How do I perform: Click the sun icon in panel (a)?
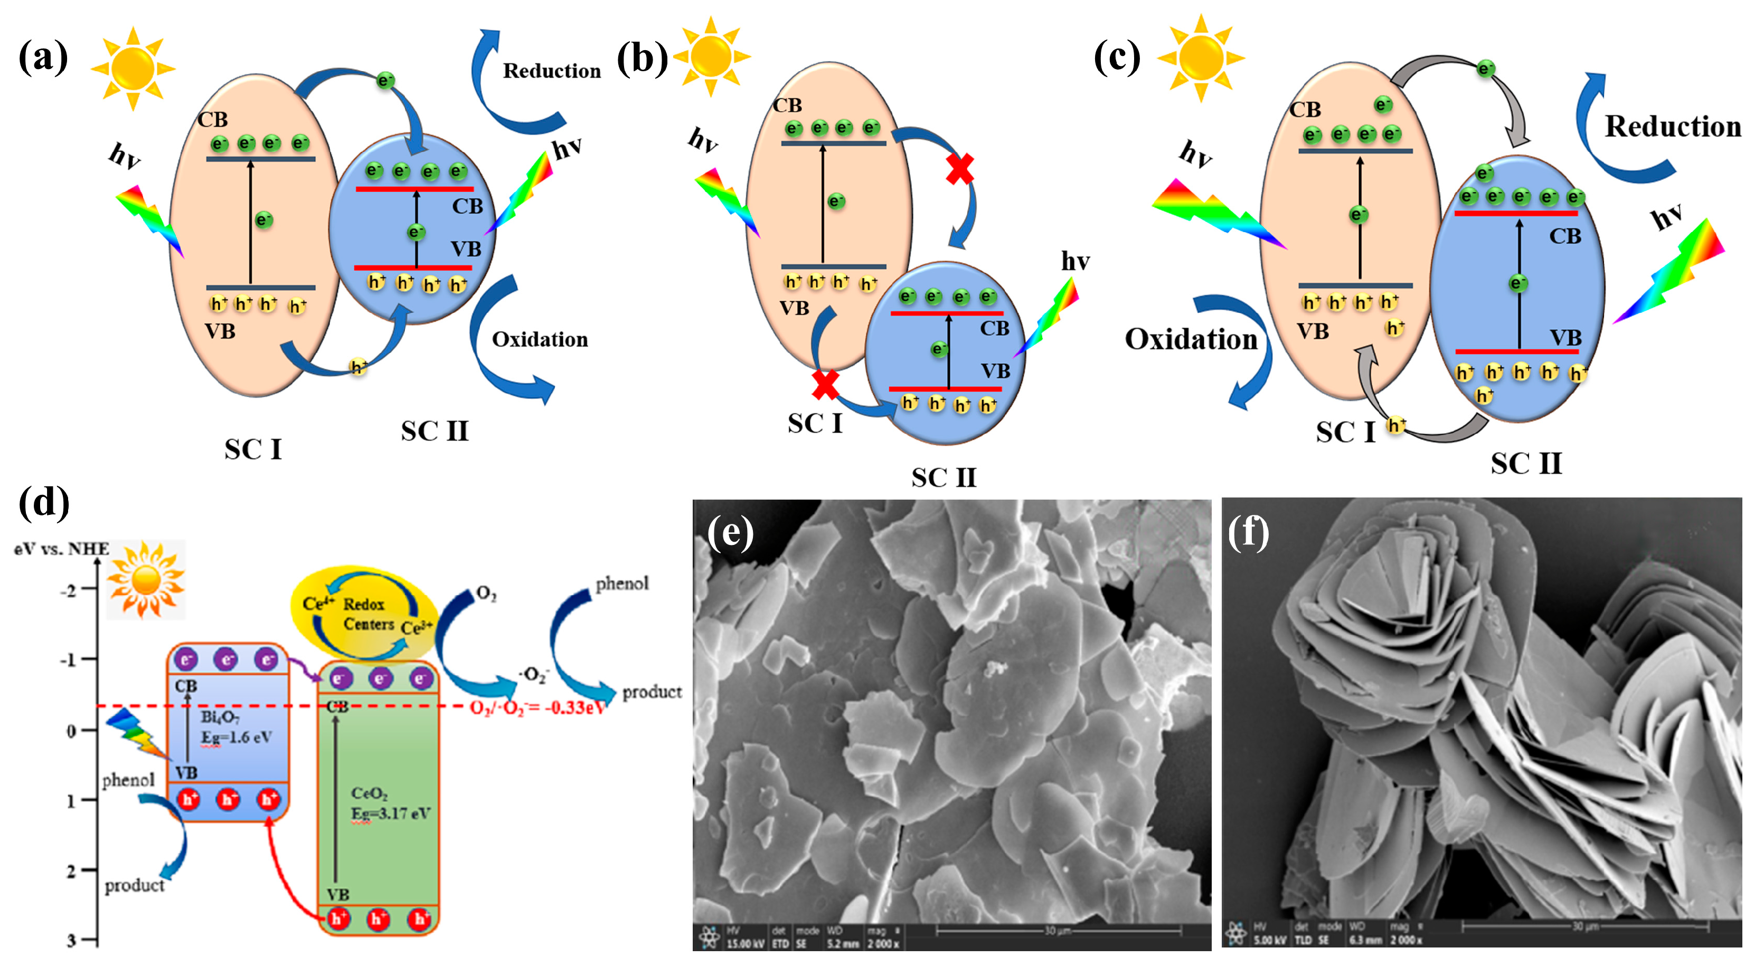click(133, 69)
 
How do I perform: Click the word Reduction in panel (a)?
click(551, 71)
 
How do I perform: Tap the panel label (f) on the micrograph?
click(1248, 532)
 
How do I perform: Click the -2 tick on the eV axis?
click(69, 590)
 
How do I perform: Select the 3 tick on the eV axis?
click(71, 940)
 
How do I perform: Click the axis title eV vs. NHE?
click(62, 549)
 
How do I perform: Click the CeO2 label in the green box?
click(369, 793)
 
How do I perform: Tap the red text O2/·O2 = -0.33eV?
click(538, 707)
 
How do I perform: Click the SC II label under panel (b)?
click(944, 477)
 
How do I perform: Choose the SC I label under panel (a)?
click(253, 449)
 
